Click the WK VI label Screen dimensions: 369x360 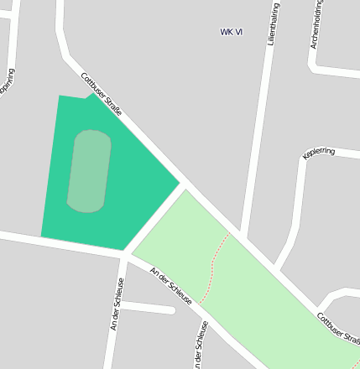232,32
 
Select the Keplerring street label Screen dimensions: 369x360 319,152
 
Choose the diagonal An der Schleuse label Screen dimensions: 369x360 170,286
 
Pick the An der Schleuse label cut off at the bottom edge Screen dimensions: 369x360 201,346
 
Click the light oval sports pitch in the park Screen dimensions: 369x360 88,170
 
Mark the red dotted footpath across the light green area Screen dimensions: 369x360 213,268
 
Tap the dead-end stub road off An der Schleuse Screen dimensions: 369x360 151,307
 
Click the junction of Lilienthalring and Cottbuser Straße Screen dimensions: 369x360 242,234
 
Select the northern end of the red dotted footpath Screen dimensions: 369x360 227,235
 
